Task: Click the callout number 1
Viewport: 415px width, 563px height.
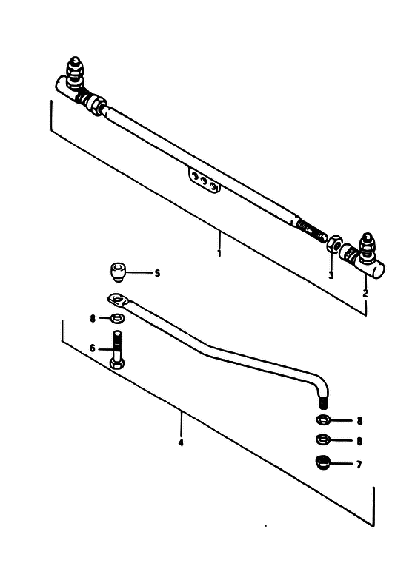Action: [x=219, y=253]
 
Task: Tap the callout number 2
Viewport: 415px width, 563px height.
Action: [x=366, y=294]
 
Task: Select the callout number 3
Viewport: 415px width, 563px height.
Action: [x=331, y=275]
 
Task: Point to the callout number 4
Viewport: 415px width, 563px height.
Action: [x=181, y=442]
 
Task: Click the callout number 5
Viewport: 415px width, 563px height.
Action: [x=157, y=273]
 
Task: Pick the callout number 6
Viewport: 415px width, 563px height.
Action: [x=93, y=348]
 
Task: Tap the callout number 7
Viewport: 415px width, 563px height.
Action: [x=359, y=465]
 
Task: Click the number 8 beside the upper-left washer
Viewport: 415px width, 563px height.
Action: [x=93, y=318]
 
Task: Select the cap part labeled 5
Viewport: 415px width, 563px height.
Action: [x=117, y=272]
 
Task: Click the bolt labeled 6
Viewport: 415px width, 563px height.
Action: [x=117, y=350]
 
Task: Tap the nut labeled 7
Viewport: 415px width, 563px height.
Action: [x=322, y=462]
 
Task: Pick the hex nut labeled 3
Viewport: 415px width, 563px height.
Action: [x=334, y=244]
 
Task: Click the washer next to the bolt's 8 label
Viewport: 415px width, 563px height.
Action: [x=117, y=318]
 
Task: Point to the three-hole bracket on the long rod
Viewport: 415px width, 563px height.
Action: [x=204, y=180]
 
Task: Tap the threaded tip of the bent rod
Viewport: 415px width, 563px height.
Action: [x=323, y=402]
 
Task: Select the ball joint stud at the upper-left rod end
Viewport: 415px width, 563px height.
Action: [x=75, y=73]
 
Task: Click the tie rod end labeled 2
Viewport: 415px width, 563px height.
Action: [x=363, y=257]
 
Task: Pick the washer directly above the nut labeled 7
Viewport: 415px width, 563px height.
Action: [x=322, y=439]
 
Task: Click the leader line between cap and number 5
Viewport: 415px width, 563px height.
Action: [x=139, y=273]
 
